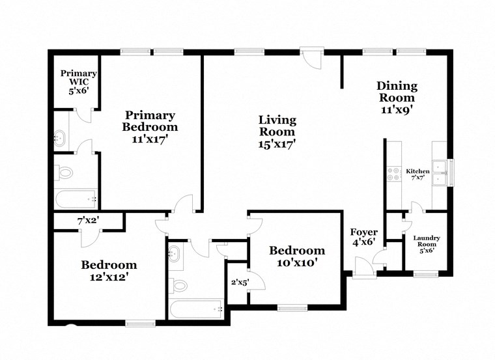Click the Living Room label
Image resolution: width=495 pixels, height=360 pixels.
tap(277, 132)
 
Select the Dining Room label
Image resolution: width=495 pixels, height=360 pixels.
tap(397, 98)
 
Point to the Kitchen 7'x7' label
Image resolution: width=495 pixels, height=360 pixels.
tap(417, 174)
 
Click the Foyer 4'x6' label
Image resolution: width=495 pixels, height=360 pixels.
tap(364, 238)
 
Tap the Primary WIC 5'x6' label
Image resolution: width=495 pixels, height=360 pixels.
tap(79, 83)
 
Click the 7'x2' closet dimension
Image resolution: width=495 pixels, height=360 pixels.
tap(88, 221)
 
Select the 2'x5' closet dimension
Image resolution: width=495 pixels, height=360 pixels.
tap(240, 282)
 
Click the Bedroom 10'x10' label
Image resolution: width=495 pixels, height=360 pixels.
tap(297, 256)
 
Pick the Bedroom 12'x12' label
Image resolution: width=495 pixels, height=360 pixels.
tap(109, 271)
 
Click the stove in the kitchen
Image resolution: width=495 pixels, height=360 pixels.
tap(393, 174)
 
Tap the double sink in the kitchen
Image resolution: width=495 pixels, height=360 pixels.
tap(441, 172)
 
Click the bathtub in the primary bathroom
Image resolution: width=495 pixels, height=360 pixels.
tap(76, 199)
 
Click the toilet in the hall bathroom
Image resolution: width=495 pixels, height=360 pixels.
tap(179, 284)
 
